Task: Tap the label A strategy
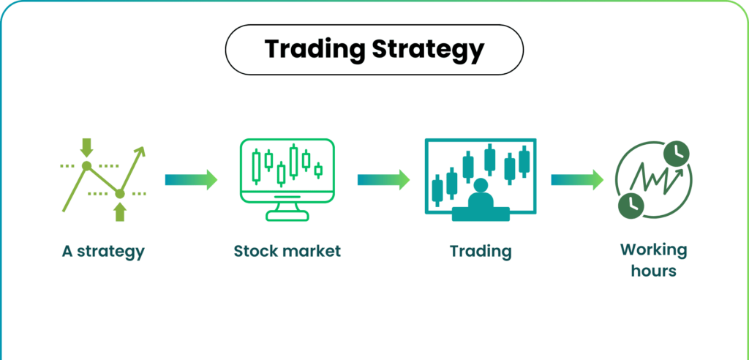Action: point(103,252)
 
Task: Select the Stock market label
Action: point(287,252)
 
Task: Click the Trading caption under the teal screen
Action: point(481,252)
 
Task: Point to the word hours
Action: point(654,271)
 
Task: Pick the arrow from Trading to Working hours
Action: point(576,179)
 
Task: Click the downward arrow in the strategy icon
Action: point(87,146)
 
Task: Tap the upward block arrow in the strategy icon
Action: point(121,211)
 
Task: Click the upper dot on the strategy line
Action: point(87,167)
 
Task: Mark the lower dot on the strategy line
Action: point(121,193)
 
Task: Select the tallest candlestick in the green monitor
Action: point(294,161)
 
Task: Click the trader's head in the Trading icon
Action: point(481,186)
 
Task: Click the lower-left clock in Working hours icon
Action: point(630,206)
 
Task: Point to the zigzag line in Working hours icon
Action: point(653,180)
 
